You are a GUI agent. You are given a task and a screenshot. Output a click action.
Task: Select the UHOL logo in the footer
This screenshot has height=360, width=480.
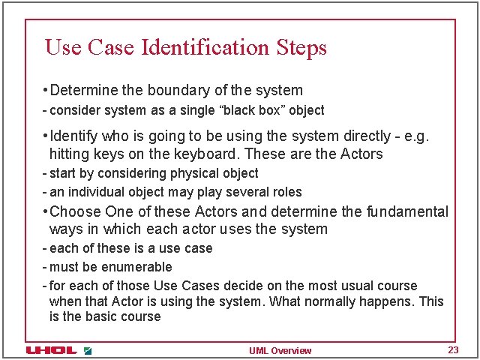coord(51,350)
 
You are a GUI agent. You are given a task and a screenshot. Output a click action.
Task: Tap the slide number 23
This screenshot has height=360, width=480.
coord(452,350)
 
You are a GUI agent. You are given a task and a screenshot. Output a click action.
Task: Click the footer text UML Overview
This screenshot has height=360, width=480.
coord(280,351)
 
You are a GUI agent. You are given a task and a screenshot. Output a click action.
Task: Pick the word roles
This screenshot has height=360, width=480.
coord(286,192)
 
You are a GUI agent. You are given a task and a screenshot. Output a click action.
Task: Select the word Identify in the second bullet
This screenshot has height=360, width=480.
coord(73,136)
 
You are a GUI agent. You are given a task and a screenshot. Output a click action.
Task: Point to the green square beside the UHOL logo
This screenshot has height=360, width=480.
coord(88,350)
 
